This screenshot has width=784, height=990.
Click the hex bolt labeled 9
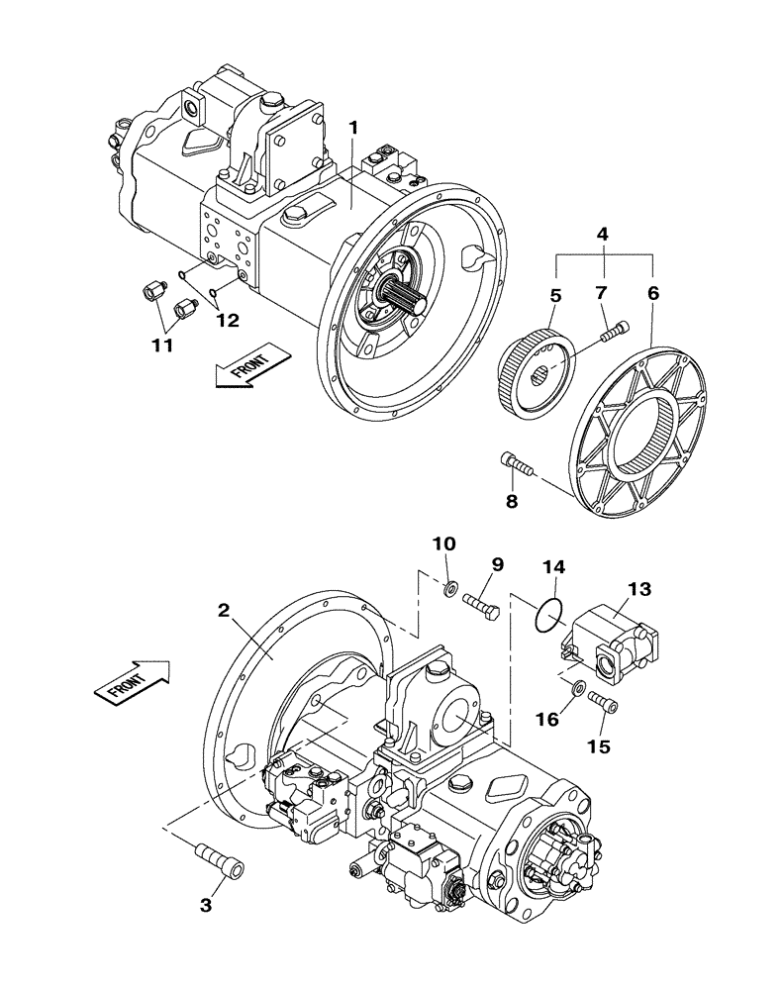pyautogui.click(x=480, y=602)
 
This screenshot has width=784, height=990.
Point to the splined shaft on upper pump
pyautogui.click(x=406, y=296)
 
